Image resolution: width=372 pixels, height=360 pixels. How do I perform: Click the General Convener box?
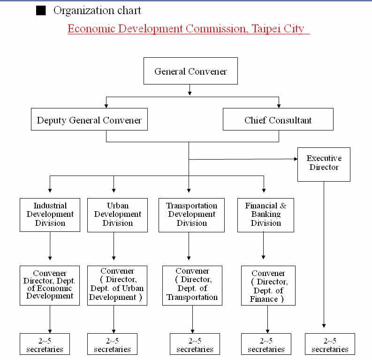coord(190,72)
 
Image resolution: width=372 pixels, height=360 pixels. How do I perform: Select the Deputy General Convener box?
coord(89,120)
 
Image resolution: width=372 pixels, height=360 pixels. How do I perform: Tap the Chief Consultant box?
coord(278,120)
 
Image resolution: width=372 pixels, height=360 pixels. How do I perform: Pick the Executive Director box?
coord(324,164)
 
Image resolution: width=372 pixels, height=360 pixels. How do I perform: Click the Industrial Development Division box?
coord(50,214)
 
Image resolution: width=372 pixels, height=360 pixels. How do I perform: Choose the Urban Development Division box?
coord(114,214)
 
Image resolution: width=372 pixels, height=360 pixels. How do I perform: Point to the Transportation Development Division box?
coord(191,214)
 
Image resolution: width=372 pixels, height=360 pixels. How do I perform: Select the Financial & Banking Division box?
coord(266,214)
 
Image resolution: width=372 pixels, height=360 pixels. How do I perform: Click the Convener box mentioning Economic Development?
coord(50,285)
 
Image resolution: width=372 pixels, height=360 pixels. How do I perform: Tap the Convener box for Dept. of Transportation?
coord(192,285)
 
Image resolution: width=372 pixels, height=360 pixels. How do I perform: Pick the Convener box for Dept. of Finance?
coord(268,286)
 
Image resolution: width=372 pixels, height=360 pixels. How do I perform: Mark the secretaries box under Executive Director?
coord(330,344)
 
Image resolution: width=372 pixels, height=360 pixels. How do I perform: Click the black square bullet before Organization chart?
coord(41,11)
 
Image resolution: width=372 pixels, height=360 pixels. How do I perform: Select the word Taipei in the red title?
coord(265,29)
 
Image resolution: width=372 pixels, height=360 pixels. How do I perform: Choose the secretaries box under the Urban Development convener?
coord(112,344)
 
